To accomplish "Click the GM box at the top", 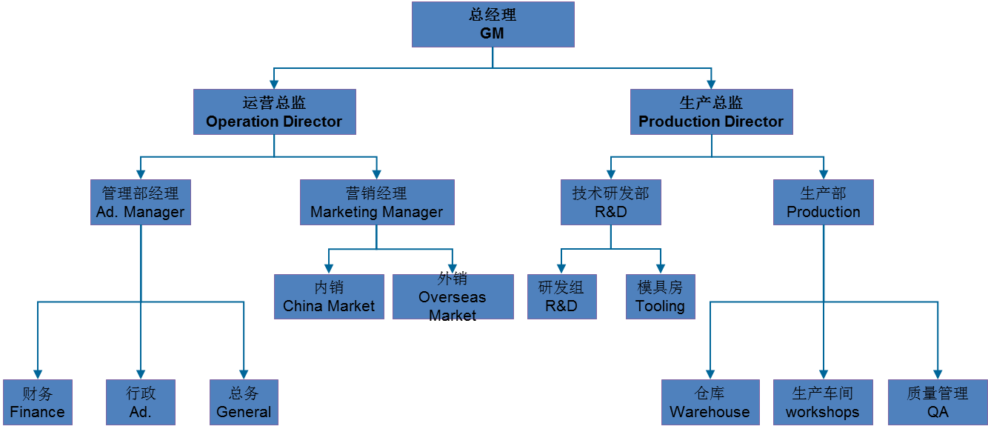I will point(493,24).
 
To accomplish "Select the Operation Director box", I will point(274,112).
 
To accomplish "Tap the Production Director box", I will point(711,112).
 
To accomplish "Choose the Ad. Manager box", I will point(141,202).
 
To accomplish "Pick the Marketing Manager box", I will point(376,202).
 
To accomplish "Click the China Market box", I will point(329,296).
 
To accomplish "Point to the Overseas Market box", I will point(453,297).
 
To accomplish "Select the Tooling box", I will point(660,296).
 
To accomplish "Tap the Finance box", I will point(37,402).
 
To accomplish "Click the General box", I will point(244,402).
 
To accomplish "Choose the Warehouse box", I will point(710,402).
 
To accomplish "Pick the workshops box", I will point(823,402).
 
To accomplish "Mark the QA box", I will point(938,402).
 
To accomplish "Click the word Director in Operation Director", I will point(314,122).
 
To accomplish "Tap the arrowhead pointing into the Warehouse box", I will point(710,374).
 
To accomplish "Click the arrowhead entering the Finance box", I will point(38,374).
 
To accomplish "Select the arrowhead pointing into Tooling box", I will point(660,269).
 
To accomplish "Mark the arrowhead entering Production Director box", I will point(712,84).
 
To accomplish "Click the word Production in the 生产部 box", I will point(824,212).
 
